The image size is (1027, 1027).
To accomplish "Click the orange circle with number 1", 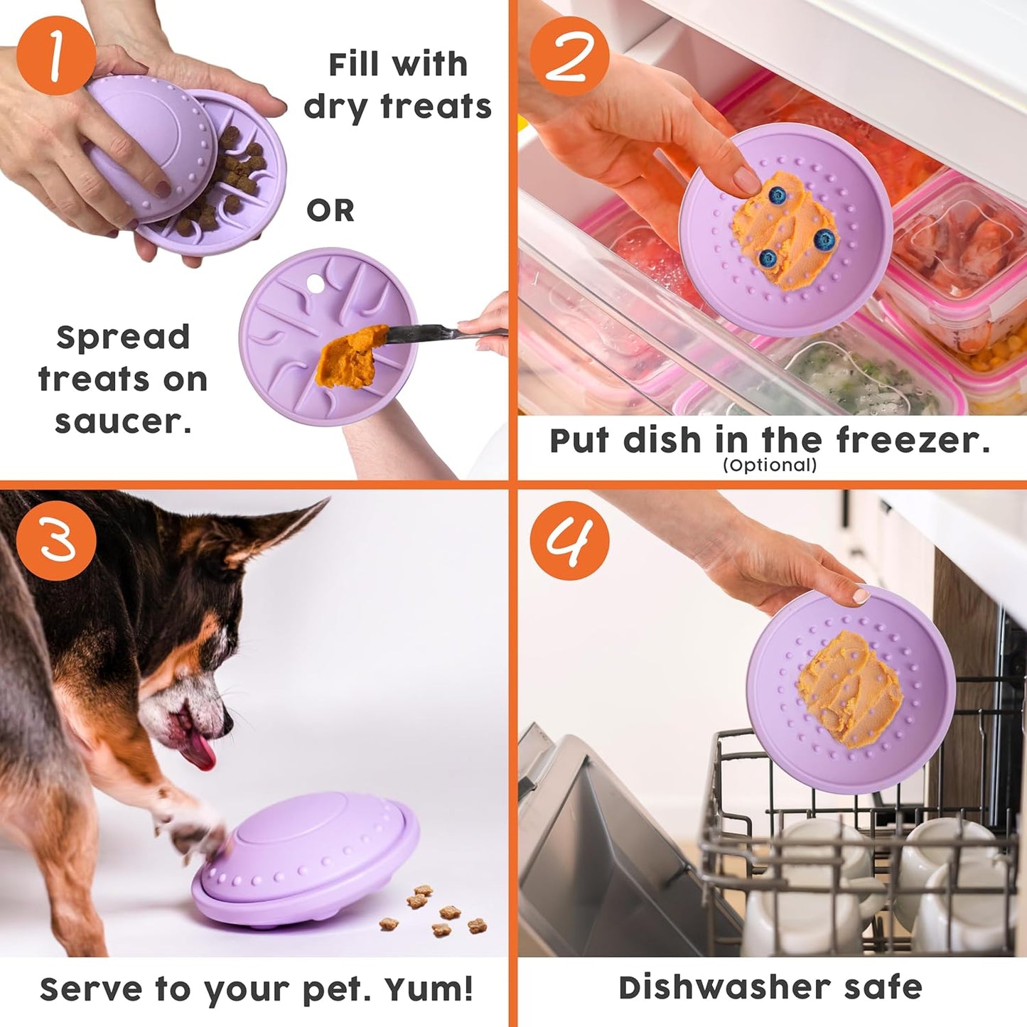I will pyautogui.click(x=55, y=55).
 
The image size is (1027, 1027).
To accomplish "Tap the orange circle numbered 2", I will pyautogui.click(x=569, y=55).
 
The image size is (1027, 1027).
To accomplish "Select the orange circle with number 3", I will pyautogui.click(x=55, y=540).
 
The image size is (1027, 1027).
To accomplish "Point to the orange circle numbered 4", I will pyautogui.click(x=569, y=540).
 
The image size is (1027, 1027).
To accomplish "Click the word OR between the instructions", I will pyautogui.click(x=330, y=211).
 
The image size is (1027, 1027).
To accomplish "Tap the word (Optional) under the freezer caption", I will pyautogui.click(x=770, y=466).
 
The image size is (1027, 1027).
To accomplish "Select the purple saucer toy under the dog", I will pyautogui.click(x=306, y=860).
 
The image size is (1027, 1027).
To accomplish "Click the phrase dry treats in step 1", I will pyautogui.click(x=398, y=107).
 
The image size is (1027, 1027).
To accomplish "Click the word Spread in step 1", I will pyautogui.click(x=124, y=337).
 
